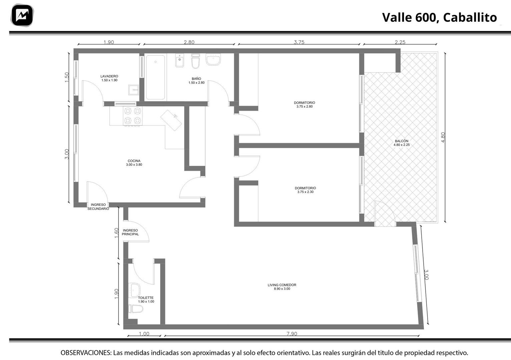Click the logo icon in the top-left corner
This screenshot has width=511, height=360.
22,15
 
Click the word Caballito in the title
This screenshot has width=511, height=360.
470,18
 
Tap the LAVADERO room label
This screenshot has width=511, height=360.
109,76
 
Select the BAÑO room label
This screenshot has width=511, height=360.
196,79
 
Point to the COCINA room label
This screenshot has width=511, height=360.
134,161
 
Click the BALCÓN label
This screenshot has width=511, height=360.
402,141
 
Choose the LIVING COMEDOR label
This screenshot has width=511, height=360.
282,285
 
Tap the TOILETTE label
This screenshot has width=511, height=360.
146,298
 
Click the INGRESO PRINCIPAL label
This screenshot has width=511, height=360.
130,232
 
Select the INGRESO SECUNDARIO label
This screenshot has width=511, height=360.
98,207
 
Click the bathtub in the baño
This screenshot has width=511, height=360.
155,77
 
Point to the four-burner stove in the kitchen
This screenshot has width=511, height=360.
132,116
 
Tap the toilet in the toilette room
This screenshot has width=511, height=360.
136,309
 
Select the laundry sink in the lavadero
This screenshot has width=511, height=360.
133,90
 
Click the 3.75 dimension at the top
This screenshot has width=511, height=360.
299,42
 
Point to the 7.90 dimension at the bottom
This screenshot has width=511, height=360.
292,334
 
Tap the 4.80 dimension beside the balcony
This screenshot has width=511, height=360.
443,137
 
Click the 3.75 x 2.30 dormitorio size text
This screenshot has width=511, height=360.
305,192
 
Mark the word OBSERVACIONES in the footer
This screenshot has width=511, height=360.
86,353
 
